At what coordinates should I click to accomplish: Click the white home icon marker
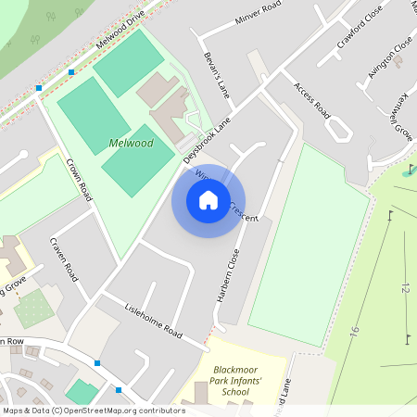pyautogui.click(x=208, y=200)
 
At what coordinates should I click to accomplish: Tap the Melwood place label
pyautogui.click(x=131, y=144)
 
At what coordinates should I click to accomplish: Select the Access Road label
pyautogui.click(x=312, y=98)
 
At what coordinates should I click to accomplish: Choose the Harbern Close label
pyautogui.click(x=228, y=277)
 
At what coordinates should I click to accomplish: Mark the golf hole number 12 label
pyautogui.click(x=404, y=289)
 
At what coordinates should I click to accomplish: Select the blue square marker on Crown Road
pyautogui.click(x=39, y=88)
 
